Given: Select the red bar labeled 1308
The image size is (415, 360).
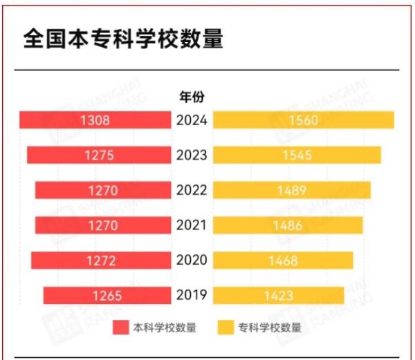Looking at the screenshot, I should coord(95,120).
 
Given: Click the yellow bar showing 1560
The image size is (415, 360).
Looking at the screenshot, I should coord(303,120).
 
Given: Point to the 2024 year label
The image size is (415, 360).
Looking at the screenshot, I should coord(192,120).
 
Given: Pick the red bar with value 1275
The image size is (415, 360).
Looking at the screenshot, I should coord(99,155).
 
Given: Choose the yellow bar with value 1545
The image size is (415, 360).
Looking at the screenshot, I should coord(297,155).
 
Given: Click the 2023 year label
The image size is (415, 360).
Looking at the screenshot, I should coord(192,155).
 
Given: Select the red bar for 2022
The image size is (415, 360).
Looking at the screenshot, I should coord(102,190).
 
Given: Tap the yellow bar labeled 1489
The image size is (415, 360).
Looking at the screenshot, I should coord(292,190).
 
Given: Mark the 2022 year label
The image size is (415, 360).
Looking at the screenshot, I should coord(192,190).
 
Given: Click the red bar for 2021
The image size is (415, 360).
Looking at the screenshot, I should coord(102,225).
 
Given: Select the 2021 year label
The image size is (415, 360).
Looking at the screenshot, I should coord(192,225).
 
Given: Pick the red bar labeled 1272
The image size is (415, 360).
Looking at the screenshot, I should coord(101,260).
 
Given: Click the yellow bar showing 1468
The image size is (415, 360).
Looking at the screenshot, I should coord(283,260).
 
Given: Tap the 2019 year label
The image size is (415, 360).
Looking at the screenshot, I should coord(192,296).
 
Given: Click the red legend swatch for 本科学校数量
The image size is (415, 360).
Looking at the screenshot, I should coord(121,328).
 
